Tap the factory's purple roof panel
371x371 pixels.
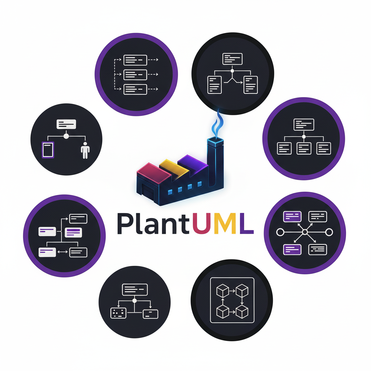(192, 162)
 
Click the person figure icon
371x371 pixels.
(85, 150)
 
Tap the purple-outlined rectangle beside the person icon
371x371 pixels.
(48, 149)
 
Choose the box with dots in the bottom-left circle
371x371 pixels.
(118, 313)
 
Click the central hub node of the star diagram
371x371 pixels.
(305, 232)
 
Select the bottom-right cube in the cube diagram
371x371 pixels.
(242, 311)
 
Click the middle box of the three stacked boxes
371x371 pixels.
(135, 74)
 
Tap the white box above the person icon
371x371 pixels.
(66, 124)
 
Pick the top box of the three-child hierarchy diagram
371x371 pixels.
(304, 124)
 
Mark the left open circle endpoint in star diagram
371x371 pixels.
(280, 232)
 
